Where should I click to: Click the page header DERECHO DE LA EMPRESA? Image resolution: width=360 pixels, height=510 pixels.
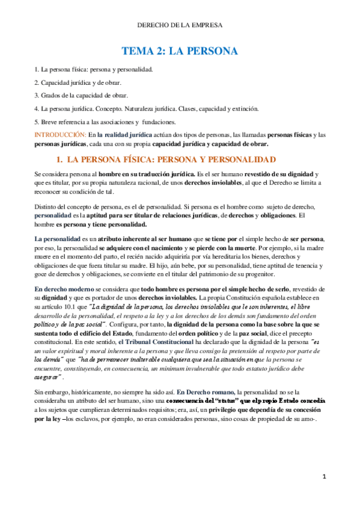[180, 25]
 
